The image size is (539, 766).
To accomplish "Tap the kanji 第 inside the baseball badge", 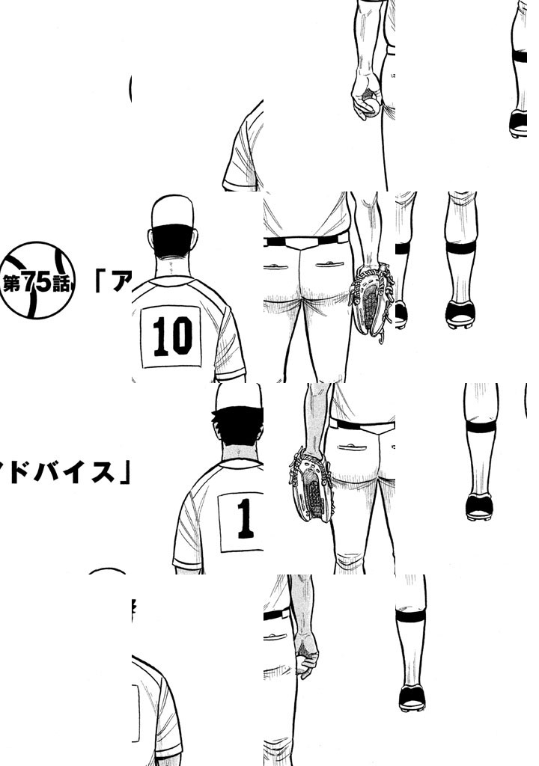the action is pos(12,283).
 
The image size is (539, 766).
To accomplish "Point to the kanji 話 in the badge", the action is pos(61,284).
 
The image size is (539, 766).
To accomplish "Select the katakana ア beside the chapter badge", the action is pos(122,281).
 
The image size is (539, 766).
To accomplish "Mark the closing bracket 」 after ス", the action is pos(125,472).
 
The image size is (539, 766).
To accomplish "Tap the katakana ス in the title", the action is pos(103,472).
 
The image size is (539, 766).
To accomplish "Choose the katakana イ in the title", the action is pos(77,472).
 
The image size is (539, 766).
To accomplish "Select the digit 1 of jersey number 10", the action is pos(160,336).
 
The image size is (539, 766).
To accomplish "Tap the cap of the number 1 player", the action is pos(240,396).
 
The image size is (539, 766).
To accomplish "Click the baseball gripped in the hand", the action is pos(371,105).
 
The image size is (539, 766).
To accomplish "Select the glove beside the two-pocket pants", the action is pos(372,301).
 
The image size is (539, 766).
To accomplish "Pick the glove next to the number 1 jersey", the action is pos(312,486).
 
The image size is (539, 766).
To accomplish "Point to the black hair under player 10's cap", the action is pos(173,241).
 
